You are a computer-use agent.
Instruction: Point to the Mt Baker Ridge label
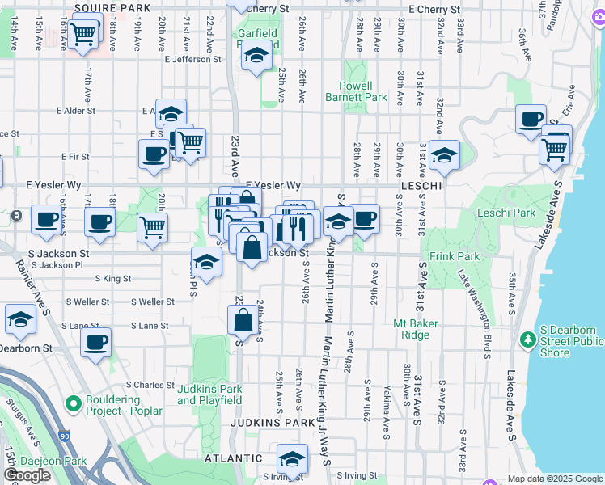pos(416,329)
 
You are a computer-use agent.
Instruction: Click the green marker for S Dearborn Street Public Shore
pos(527,339)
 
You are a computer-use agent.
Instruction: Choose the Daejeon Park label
pos(53,461)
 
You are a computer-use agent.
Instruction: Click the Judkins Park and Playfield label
pos(209,394)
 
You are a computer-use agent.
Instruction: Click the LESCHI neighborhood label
pos(420,186)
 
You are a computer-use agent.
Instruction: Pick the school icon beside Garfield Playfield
pos(256,56)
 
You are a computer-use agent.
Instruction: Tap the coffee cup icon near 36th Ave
pos(531,120)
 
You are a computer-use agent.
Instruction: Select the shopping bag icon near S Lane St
pos(243,321)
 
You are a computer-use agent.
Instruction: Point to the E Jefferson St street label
pos(192,59)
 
